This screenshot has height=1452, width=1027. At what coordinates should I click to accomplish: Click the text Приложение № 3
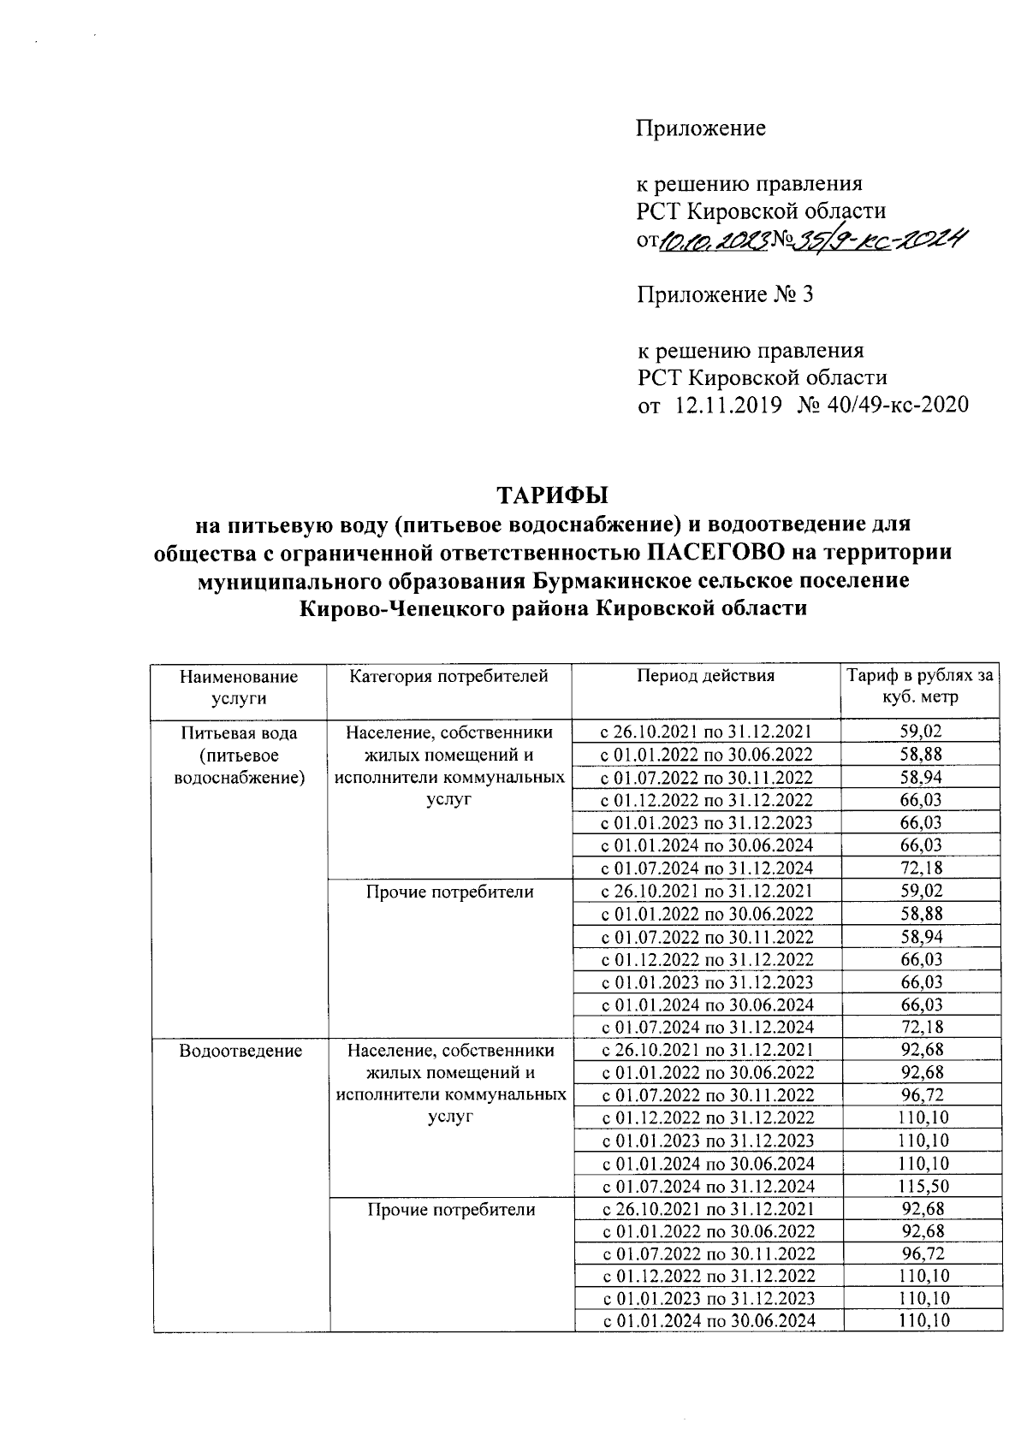(724, 295)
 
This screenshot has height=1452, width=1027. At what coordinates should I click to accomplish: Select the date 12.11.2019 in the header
(729, 404)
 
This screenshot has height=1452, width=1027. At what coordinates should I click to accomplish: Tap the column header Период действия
(705, 676)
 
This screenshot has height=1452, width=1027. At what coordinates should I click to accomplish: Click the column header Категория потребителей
(448, 676)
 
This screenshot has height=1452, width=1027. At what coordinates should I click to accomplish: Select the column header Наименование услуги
(239, 686)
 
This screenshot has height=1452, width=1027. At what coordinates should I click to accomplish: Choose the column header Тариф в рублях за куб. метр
(919, 686)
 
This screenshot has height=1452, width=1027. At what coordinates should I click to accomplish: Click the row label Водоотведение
(240, 1051)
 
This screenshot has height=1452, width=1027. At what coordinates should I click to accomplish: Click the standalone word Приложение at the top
(700, 129)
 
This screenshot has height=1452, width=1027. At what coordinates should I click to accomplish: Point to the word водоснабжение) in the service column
(240, 778)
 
